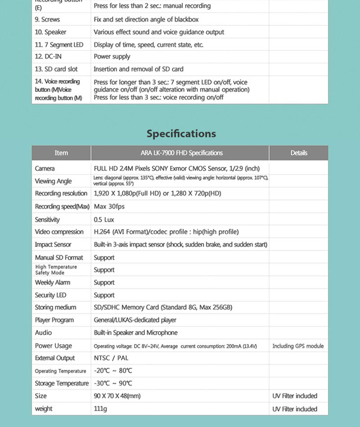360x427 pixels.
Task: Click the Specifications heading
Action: click(x=181, y=134)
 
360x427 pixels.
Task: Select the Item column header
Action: click(x=61, y=153)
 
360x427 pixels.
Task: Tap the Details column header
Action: click(x=299, y=153)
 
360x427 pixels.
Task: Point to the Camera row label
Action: click(x=45, y=168)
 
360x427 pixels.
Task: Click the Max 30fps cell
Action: click(x=109, y=207)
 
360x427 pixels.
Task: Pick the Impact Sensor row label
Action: click(x=53, y=244)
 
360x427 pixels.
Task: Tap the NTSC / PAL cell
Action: click(x=111, y=358)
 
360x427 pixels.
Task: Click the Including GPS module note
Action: click(x=298, y=346)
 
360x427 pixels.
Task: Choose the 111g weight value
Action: click(x=101, y=409)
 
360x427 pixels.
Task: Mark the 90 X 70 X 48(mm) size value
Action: click(x=117, y=396)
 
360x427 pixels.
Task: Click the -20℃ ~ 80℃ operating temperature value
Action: click(x=113, y=371)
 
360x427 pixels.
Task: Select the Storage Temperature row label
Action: click(x=62, y=383)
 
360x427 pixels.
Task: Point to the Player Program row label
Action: click(x=54, y=320)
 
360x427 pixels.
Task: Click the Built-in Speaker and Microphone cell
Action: click(x=135, y=333)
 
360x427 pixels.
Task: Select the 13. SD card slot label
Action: click(x=56, y=69)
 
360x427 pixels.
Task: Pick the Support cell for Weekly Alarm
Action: click(x=104, y=283)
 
